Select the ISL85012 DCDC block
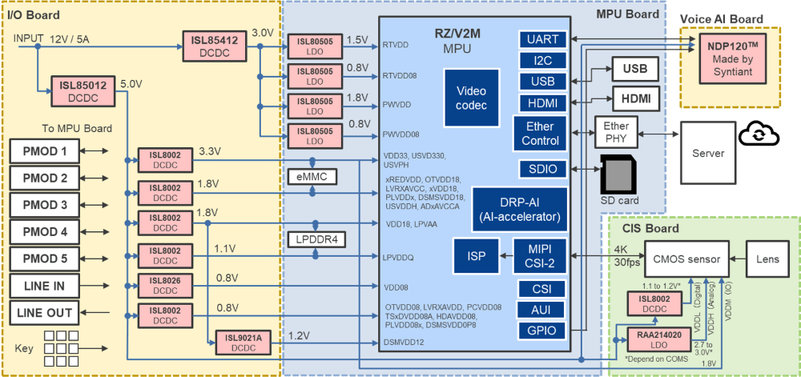tap(83, 90)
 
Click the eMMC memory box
tap(314, 176)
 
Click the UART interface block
tap(543, 39)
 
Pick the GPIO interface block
tap(543, 331)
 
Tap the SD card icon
tap(618, 174)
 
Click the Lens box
tap(767, 258)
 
